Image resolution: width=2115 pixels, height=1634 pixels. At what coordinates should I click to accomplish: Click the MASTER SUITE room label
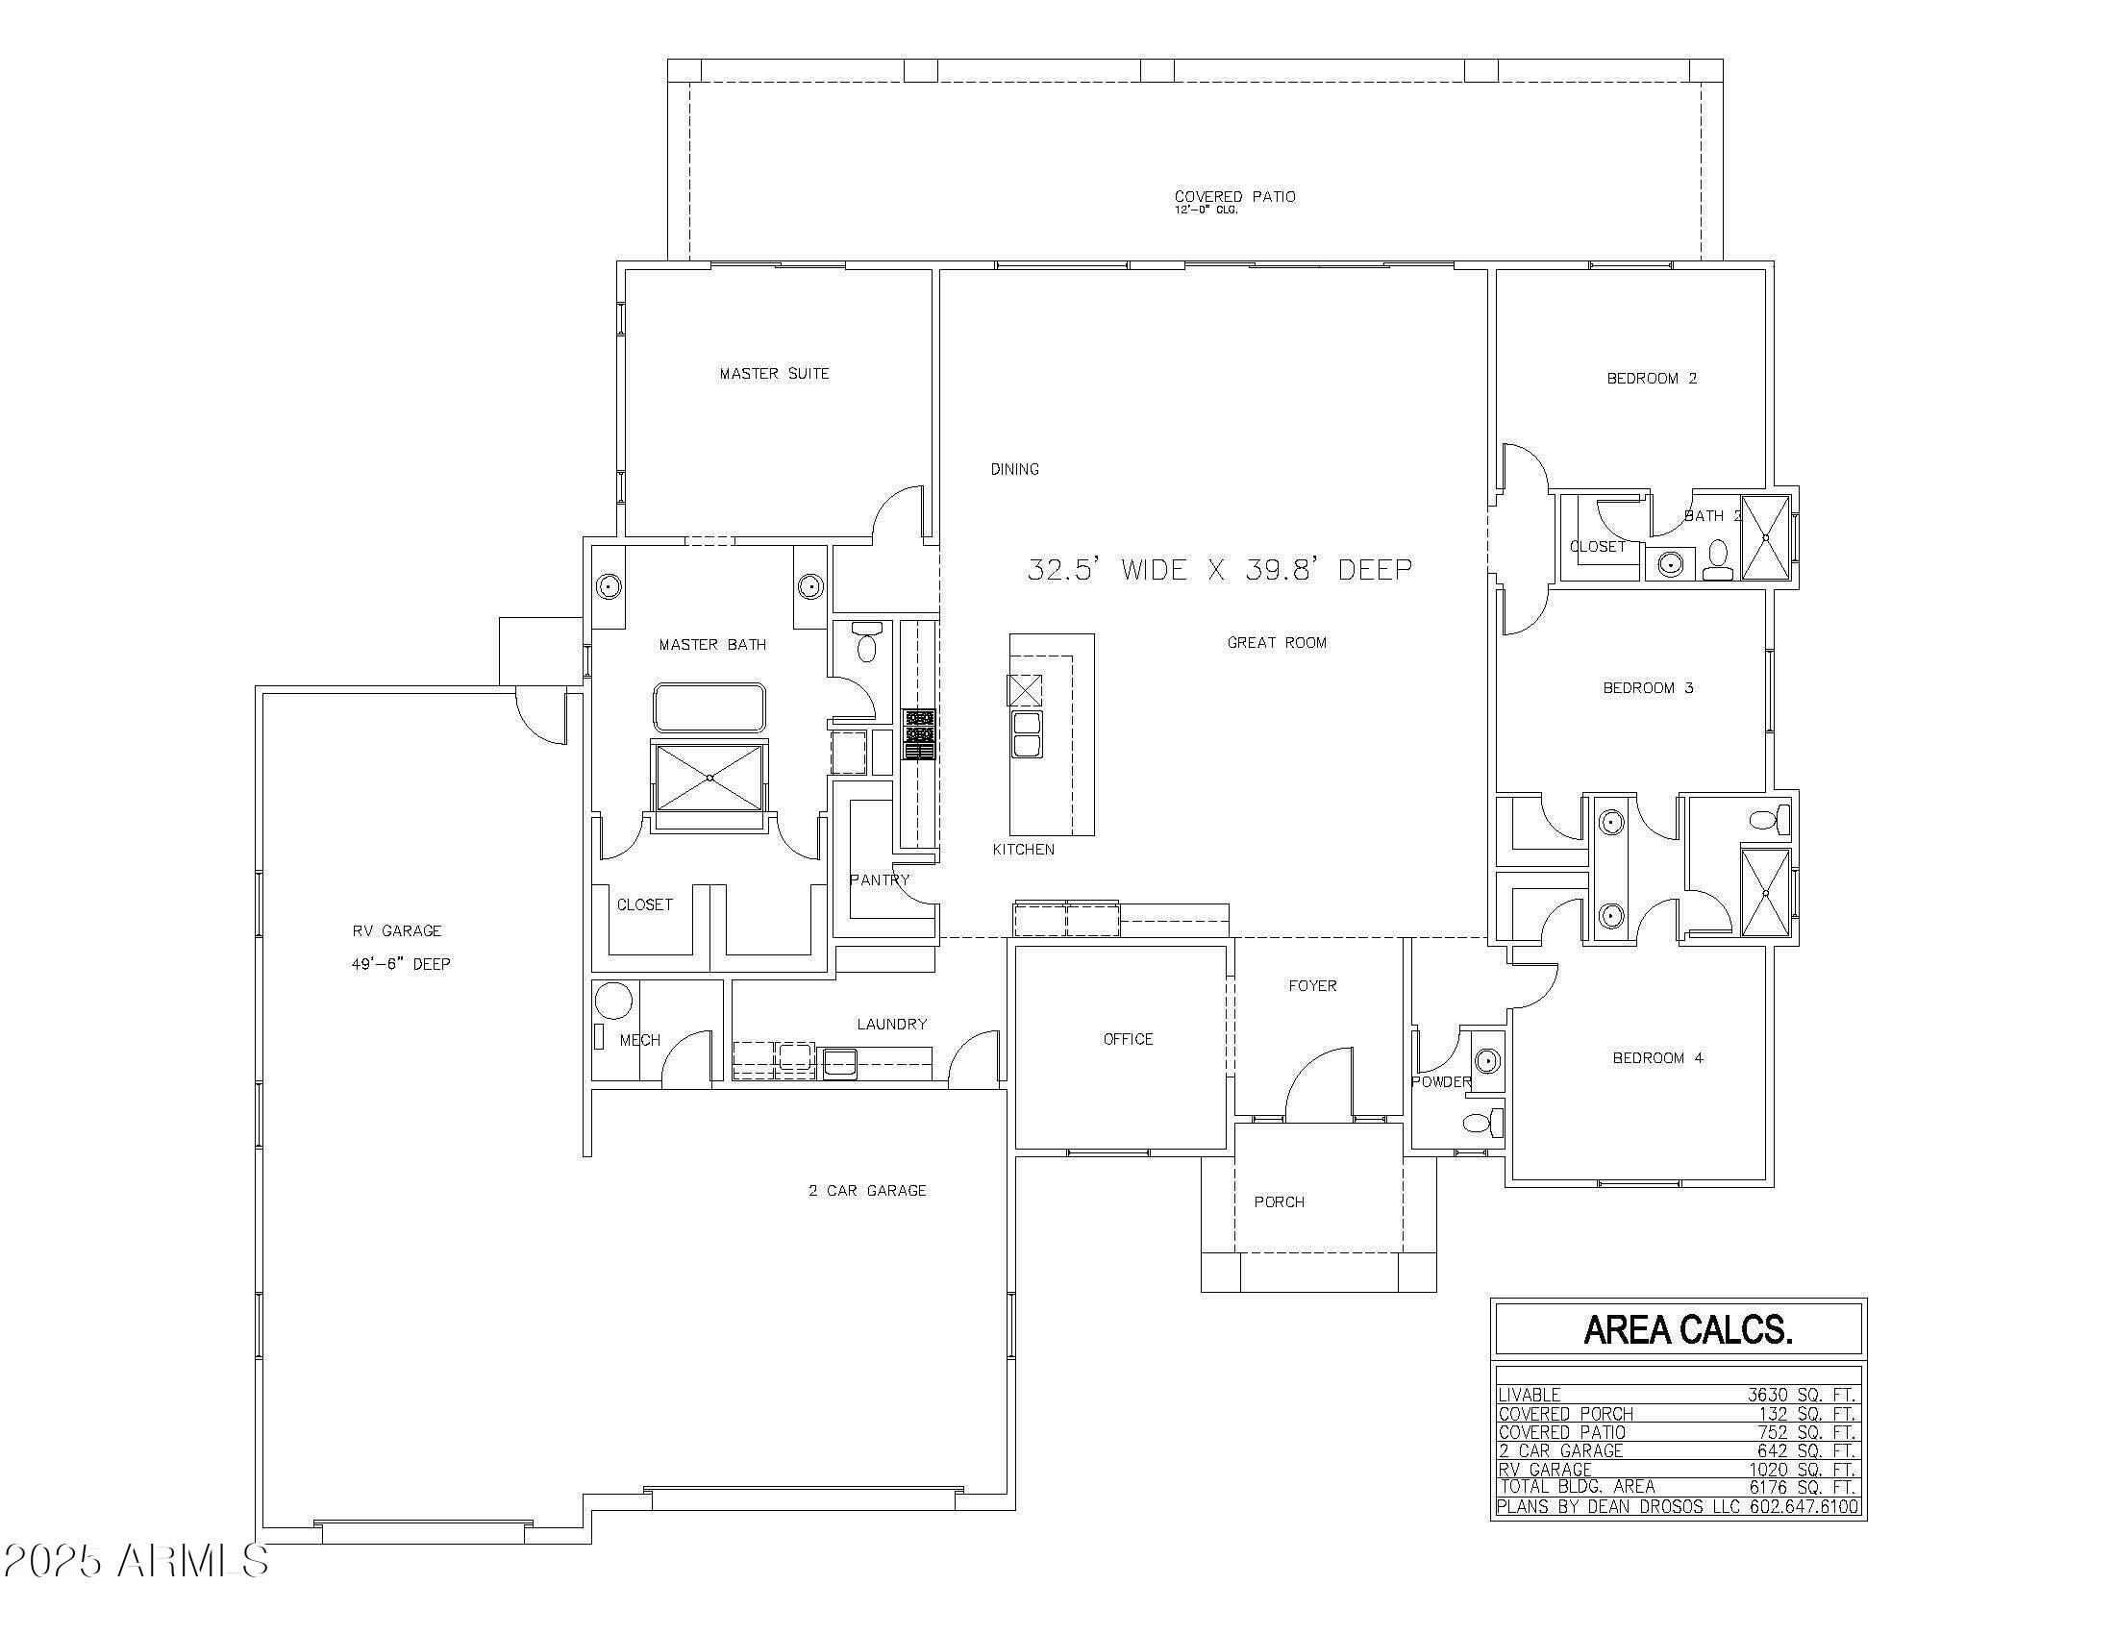coord(774,374)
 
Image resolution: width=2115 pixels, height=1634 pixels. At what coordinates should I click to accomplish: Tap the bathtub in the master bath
coord(709,707)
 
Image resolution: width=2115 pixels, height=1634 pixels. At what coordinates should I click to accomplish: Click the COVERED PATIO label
coord(1234,196)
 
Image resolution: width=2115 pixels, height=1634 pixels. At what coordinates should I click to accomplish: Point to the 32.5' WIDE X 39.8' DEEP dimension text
coord(1219,569)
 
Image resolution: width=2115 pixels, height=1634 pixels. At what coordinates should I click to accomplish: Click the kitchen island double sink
coord(1027,733)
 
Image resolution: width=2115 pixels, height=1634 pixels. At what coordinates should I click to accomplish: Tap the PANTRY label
coord(880,879)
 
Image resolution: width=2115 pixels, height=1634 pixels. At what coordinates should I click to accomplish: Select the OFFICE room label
coord(1129,1040)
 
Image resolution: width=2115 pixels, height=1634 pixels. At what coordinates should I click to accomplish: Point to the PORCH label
coord(1279,1202)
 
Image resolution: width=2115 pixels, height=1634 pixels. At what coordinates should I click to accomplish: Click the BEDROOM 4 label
coord(1657,1058)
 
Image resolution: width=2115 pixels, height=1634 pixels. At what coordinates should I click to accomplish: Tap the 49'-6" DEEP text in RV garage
coord(401,964)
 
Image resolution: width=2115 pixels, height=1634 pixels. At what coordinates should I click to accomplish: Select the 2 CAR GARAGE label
coord(868,1191)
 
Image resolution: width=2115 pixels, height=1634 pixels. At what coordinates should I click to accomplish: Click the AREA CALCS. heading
coord(1687,1330)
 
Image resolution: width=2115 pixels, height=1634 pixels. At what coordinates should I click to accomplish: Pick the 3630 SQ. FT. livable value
coord(1801,1395)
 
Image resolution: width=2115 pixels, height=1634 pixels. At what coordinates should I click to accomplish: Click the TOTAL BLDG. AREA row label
coord(1577,1486)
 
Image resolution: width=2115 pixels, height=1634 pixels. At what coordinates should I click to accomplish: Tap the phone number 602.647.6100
coord(1804,1506)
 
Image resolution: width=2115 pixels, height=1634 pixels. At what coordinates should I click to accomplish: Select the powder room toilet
coord(1480,1123)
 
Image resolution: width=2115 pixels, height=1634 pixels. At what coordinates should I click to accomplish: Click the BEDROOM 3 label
coord(1647,688)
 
